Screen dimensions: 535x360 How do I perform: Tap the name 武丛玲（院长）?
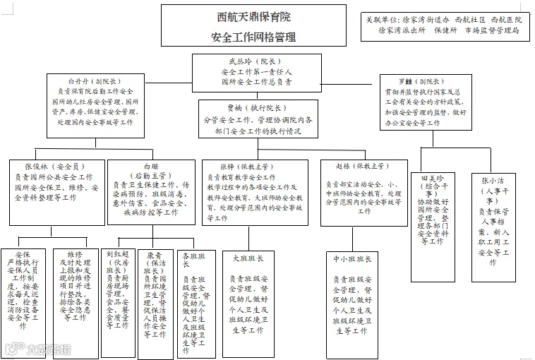pyautogui.click(x=256, y=61)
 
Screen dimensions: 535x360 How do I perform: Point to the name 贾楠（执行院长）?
pyautogui.click(x=256, y=109)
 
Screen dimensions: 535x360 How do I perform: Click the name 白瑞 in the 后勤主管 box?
pyautogui.click(x=150, y=166)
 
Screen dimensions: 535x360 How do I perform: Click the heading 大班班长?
pyautogui.click(x=248, y=258)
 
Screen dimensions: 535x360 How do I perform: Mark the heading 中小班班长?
pyautogui.click(x=354, y=258)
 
